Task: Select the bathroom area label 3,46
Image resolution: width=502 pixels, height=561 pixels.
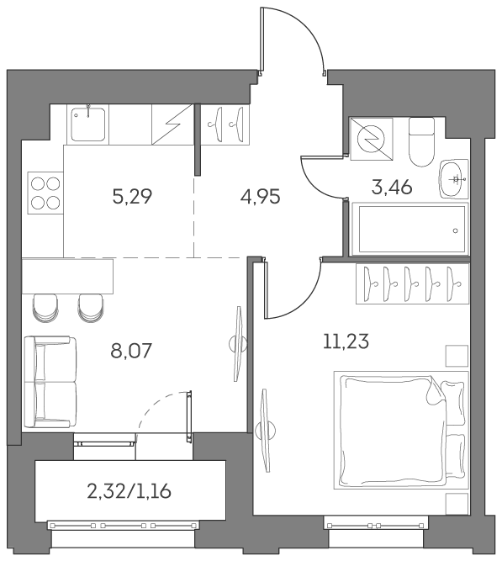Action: point(391,187)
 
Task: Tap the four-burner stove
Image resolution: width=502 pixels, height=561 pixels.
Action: point(44,194)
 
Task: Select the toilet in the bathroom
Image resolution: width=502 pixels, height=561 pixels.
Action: point(420,140)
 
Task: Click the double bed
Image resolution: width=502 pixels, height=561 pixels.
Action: point(402,438)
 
